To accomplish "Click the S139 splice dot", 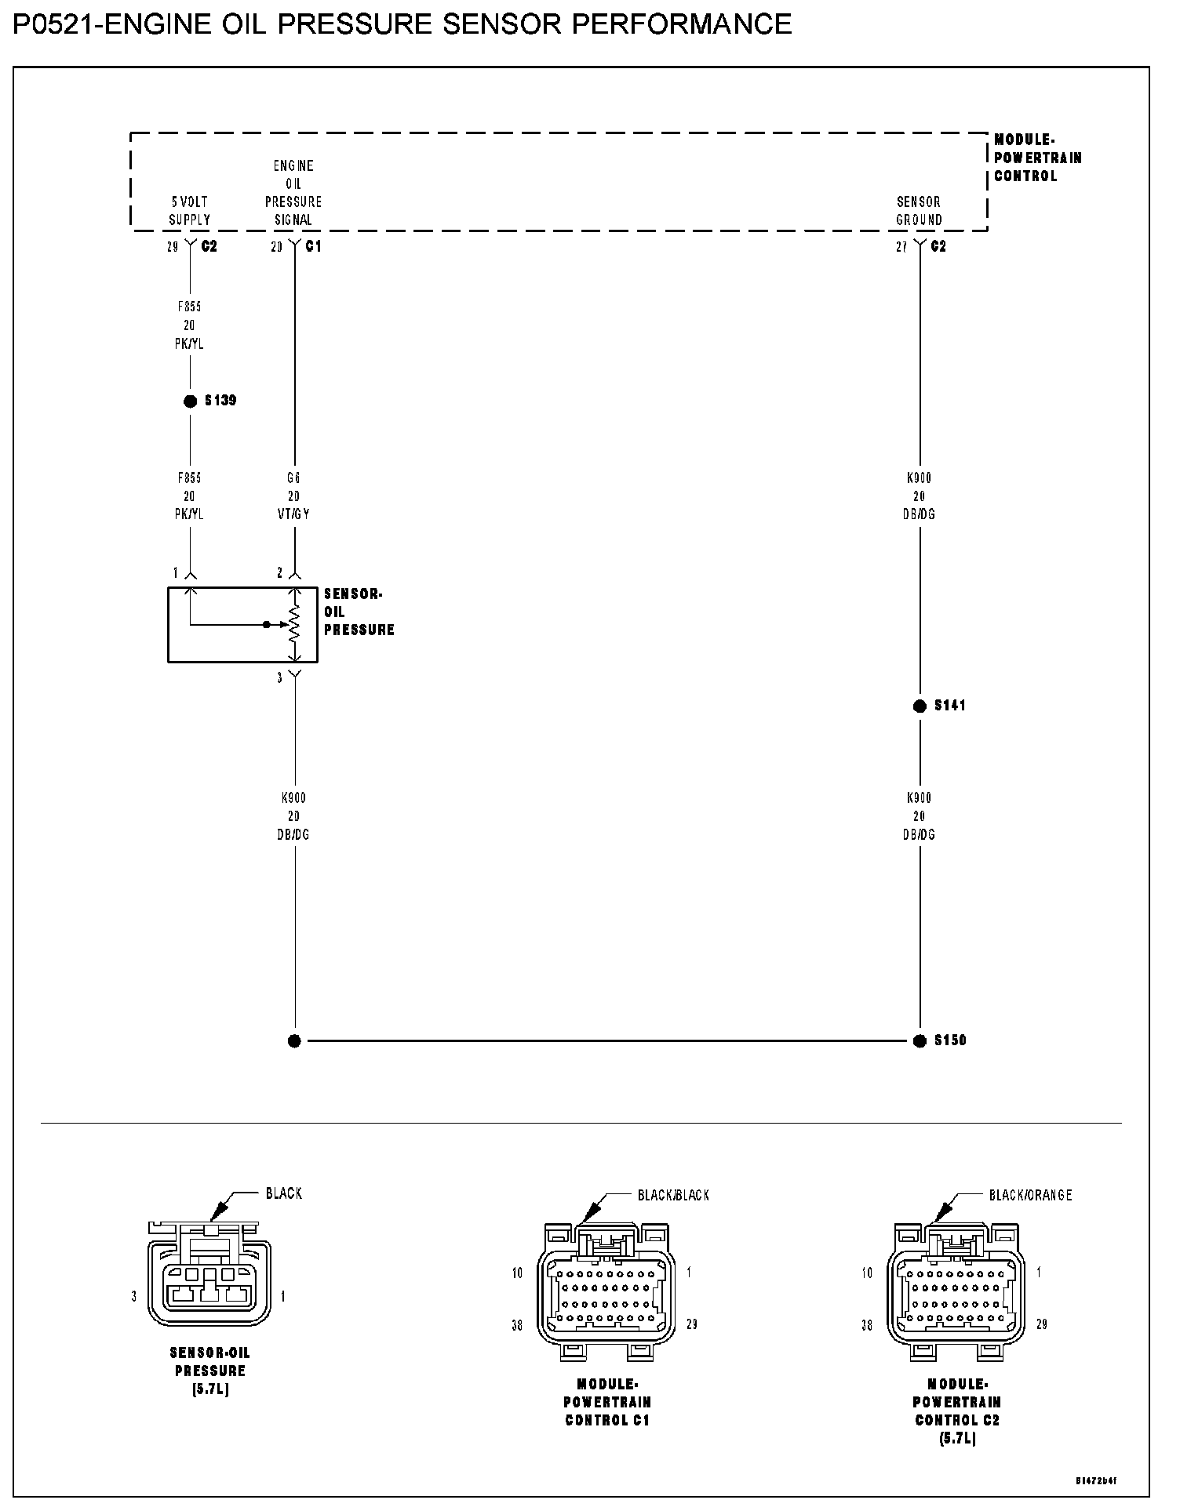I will pyautogui.click(x=190, y=401).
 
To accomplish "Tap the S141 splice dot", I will pyautogui.click(x=920, y=706).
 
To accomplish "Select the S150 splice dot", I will pyautogui.click(x=920, y=1041).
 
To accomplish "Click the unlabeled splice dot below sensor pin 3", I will pyautogui.click(x=294, y=1041).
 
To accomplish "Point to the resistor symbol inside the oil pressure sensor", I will pyautogui.click(x=295, y=624).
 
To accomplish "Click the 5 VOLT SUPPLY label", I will pyautogui.click(x=190, y=211).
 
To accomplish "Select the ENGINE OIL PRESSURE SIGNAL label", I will pyautogui.click(x=293, y=193).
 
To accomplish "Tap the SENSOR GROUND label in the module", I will pyautogui.click(x=919, y=211).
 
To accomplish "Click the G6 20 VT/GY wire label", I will pyautogui.click(x=293, y=496).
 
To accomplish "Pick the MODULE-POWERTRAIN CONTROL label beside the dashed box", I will pyautogui.click(x=1037, y=158).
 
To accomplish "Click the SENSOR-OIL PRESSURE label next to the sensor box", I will pyautogui.click(x=359, y=612).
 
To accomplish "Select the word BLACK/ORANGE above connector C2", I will pyautogui.click(x=1030, y=1196).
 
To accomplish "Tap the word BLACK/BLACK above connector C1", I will pyautogui.click(x=673, y=1196).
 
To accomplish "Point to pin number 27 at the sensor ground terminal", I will pyautogui.click(x=901, y=247).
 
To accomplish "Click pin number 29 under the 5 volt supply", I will pyautogui.click(x=173, y=247).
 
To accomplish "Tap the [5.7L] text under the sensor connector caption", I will pyautogui.click(x=210, y=1389).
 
